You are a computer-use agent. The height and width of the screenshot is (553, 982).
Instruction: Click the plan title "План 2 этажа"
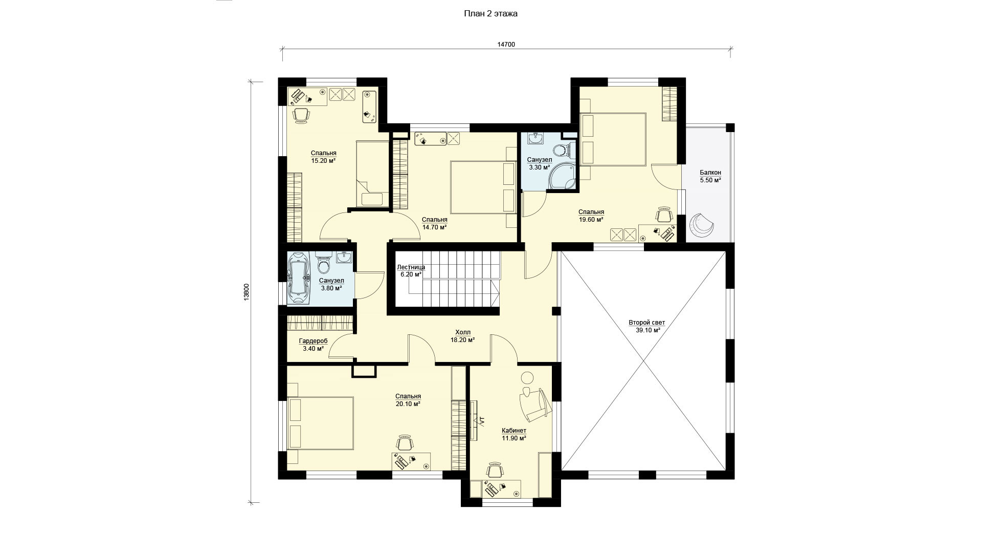tap(490, 14)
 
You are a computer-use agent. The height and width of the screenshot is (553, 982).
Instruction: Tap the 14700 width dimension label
tap(506, 45)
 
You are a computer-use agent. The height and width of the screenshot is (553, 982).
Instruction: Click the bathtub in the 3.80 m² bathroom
tap(297, 280)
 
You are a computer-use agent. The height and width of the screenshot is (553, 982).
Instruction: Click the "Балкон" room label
tap(710, 173)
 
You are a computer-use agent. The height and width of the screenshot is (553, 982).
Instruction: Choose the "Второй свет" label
tap(646, 323)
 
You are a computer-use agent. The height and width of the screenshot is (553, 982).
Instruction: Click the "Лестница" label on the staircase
tap(411, 267)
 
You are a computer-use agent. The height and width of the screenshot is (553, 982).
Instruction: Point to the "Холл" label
tap(462, 332)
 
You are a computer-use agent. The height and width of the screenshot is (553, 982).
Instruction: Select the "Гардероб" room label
tap(313, 341)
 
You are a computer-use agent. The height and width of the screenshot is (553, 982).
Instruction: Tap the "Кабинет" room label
tap(514, 431)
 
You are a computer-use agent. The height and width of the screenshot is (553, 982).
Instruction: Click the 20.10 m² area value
tap(408, 404)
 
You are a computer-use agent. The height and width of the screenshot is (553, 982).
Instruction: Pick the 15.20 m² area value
tap(323, 161)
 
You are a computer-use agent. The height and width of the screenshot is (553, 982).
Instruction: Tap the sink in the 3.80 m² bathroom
tap(344, 258)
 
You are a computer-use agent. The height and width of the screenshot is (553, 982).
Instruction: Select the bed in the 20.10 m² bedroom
tap(320, 423)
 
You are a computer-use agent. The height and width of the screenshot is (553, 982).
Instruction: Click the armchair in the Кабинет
tap(533, 405)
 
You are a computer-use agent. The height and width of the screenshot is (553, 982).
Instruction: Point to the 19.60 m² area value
tap(591, 220)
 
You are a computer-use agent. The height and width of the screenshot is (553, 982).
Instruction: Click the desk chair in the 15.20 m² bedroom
tap(301, 116)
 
